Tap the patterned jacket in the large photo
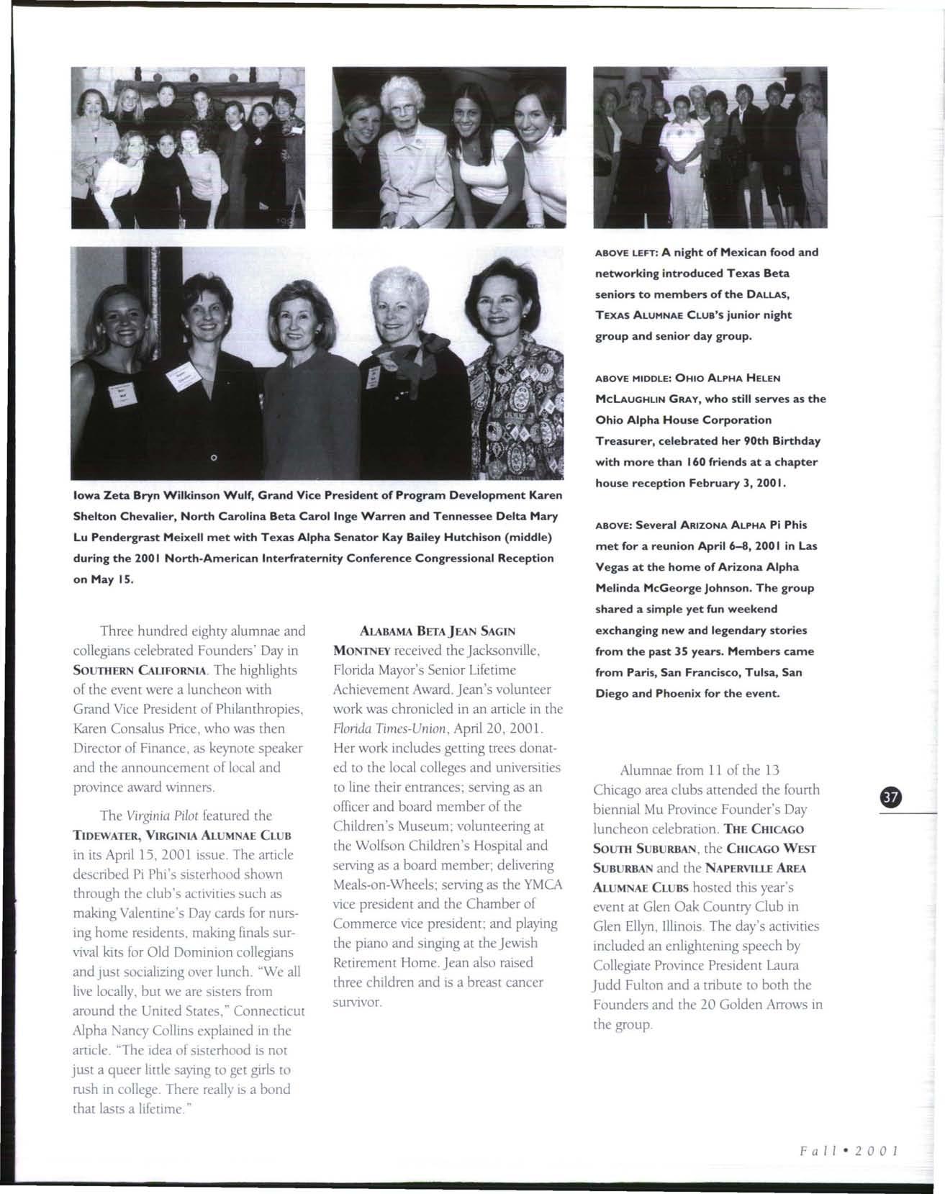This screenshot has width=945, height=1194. click(511, 403)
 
